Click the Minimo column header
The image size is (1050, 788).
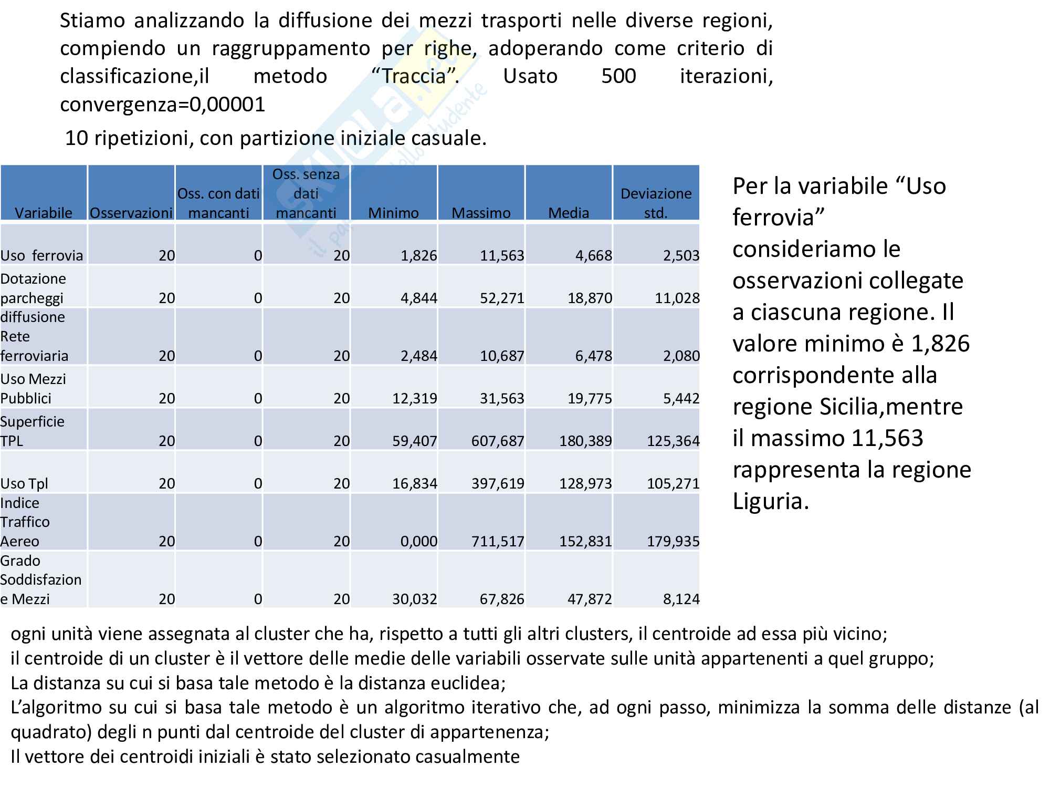point(393,213)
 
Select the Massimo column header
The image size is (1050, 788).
point(481,213)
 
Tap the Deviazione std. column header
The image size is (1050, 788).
point(656,203)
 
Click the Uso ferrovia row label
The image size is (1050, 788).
point(42,255)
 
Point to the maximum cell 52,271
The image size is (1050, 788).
point(502,298)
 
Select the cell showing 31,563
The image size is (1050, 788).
point(502,398)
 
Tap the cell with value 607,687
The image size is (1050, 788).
point(498,441)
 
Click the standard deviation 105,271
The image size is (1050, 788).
point(673,483)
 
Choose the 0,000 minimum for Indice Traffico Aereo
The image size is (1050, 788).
point(418,541)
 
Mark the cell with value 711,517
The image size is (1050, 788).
point(498,541)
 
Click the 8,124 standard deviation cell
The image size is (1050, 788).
point(681,599)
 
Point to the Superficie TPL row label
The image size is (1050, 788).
point(32,431)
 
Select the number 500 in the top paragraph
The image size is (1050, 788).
point(618,77)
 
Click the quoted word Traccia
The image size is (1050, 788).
point(414,77)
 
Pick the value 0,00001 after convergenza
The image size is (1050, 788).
point(227,105)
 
